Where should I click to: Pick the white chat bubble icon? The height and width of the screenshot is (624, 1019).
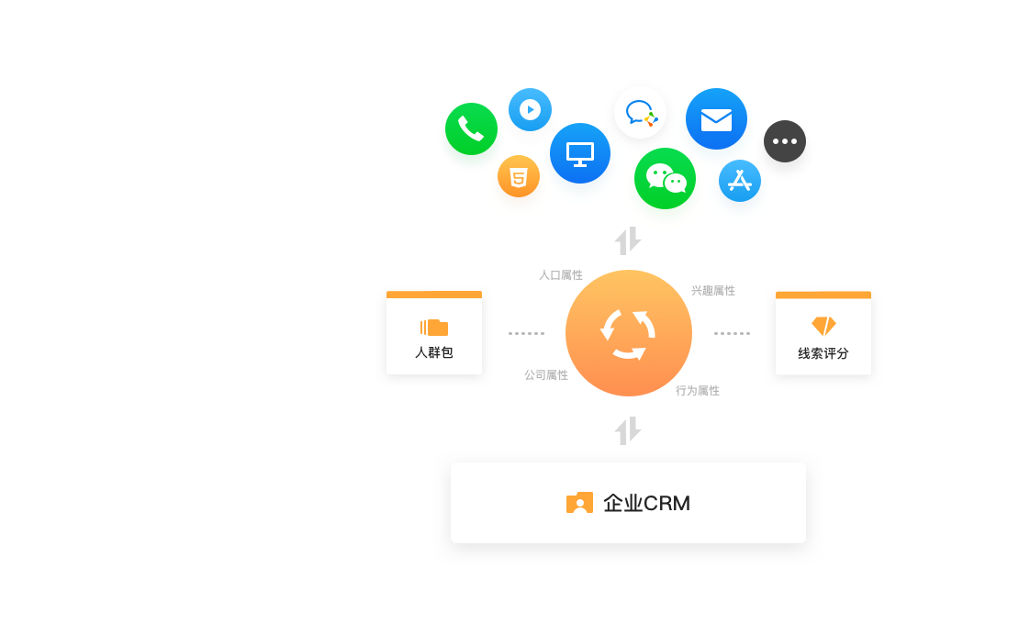coord(641,113)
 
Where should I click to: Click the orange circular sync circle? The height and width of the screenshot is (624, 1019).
coord(629,333)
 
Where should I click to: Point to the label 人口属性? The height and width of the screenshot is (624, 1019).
coord(561,275)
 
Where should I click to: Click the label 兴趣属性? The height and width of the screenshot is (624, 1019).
coord(713,291)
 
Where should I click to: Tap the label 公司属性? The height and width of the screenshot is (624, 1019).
coord(546,375)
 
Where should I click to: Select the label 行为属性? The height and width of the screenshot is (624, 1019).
coord(698,391)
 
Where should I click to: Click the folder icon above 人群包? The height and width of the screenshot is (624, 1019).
coord(434,328)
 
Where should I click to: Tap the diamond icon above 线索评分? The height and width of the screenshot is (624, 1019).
coord(823,326)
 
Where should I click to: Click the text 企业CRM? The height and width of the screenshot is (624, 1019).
coord(646,504)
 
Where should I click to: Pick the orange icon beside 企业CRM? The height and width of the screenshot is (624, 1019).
coord(579,503)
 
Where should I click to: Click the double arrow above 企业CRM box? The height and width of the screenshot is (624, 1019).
coord(628,430)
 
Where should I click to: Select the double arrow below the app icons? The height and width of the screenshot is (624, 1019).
coord(628,241)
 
